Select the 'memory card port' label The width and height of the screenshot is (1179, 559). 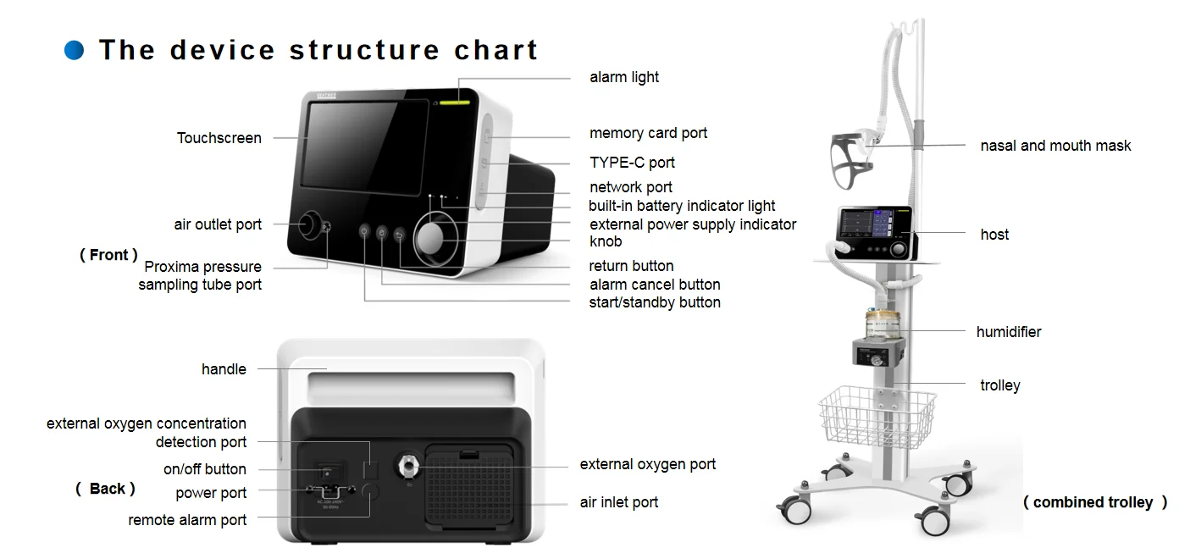[648, 133]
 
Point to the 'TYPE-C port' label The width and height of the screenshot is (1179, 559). [632, 163]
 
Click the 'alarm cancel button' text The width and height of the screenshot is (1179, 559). [655, 285]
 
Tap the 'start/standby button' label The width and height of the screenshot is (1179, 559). [655, 302]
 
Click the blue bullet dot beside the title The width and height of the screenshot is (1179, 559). [75, 50]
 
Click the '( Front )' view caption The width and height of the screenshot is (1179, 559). [108, 255]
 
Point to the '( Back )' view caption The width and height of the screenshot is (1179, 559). [106, 489]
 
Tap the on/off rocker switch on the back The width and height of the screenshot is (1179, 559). [326, 471]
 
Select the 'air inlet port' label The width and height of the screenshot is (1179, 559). [618, 502]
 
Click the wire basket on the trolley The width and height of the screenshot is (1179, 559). [876, 416]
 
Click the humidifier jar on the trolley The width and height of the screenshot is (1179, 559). [879, 325]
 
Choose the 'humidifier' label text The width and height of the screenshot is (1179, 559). [1008, 332]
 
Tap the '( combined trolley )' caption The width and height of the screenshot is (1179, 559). [1094, 502]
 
